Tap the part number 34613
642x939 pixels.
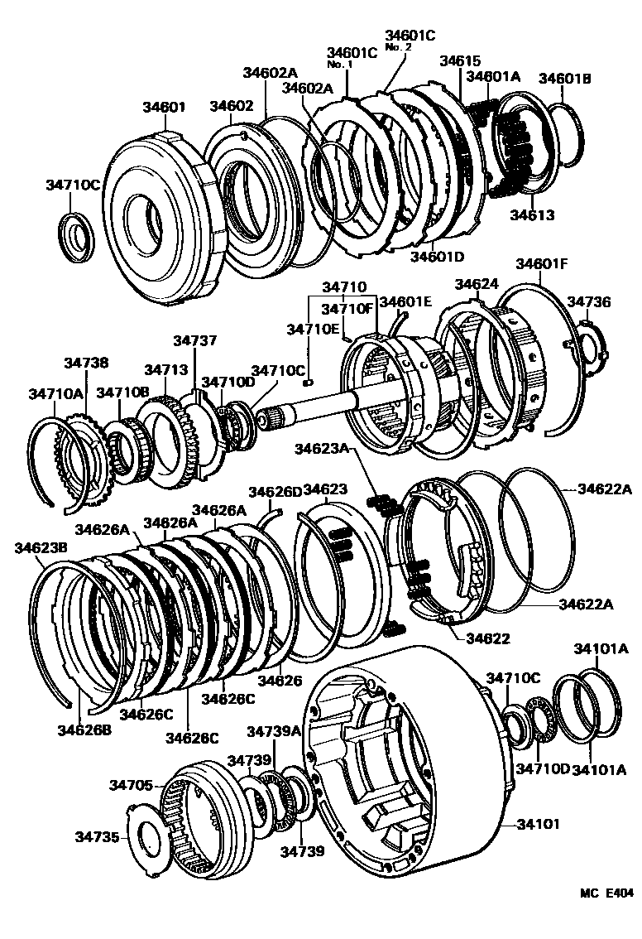(x=531, y=215)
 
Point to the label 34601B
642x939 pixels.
(x=565, y=79)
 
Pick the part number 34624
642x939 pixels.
(x=477, y=284)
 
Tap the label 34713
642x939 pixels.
(x=162, y=369)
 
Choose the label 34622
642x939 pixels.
(x=488, y=638)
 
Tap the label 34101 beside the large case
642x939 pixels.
(x=539, y=824)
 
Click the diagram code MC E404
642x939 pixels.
(x=606, y=893)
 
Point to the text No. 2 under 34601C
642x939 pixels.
(x=398, y=47)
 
